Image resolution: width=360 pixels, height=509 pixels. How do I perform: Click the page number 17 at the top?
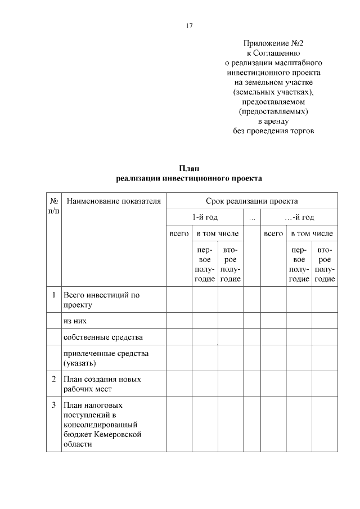tap(189, 26)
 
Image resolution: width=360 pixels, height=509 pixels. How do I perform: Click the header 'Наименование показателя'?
tap(113, 201)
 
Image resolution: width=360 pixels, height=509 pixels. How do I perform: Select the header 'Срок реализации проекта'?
tap(251, 201)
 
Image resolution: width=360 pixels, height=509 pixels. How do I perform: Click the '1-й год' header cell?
tap(205, 217)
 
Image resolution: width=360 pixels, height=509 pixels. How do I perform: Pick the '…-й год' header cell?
tap(299, 217)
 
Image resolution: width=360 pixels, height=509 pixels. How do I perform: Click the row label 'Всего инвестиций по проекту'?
tap(101, 300)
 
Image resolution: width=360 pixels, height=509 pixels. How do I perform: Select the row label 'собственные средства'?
tap(103, 337)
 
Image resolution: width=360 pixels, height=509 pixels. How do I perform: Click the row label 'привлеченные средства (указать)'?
tap(106, 358)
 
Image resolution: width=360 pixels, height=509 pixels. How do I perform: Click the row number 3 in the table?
tap(53, 404)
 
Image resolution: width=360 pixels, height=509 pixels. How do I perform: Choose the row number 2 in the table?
tap(53, 379)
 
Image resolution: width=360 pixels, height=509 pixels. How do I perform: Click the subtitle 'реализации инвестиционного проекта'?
tap(189, 178)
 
